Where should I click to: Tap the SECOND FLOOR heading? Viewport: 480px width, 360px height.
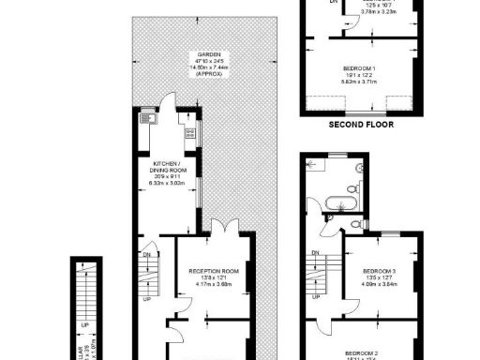[361, 123]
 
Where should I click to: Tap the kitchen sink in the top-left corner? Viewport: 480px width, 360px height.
[145, 119]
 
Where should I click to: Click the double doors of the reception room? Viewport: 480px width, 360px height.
[221, 229]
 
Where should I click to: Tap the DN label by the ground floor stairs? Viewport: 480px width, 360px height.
[146, 254]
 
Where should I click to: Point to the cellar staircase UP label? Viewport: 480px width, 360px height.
[85, 325]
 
